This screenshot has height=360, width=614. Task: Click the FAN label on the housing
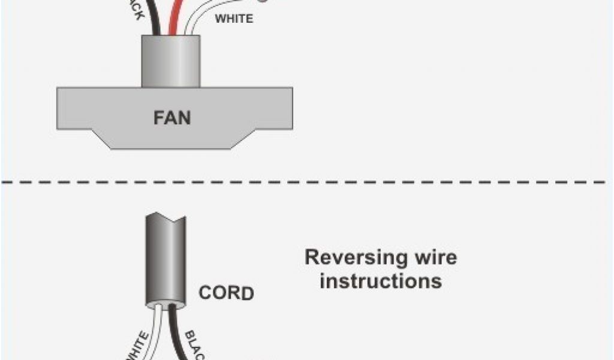pyautogui.click(x=172, y=117)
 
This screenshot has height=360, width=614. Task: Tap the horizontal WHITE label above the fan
pyautogui.click(x=234, y=19)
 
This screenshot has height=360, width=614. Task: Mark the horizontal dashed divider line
pyautogui.click(x=307, y=181)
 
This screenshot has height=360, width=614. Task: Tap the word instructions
pyautogui.click(x=381, y=281)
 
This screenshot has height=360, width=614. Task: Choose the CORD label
pyautogui.click(x=226, y=294)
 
